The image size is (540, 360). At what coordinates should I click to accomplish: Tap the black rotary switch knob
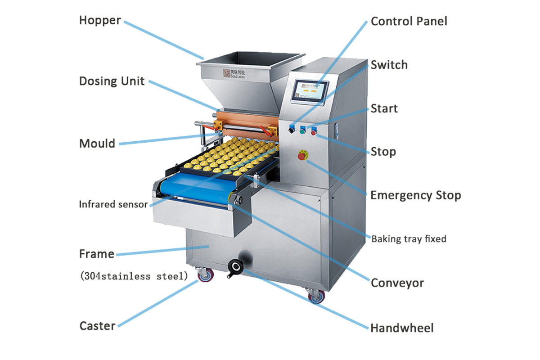coord(292,130)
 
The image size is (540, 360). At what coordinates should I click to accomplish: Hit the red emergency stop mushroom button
coord(301,156)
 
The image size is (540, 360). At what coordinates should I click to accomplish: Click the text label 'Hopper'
coord(100,20)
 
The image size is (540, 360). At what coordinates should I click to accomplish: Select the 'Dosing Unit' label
coord(112,81)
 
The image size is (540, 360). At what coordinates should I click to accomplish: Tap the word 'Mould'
coord(97,144)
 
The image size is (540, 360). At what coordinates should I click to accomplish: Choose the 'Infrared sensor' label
coord(113,204)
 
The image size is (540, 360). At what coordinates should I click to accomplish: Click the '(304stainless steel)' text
coord(134,276)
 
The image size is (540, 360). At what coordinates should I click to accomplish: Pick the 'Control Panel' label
coord(409,21)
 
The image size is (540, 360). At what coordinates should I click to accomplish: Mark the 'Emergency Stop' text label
coord(415,195)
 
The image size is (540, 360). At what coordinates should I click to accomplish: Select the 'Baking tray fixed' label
coord(409,238)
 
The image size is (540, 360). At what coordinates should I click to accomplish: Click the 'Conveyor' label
coord(397,283)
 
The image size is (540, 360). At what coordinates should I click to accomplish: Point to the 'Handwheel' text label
coord(402,328)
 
